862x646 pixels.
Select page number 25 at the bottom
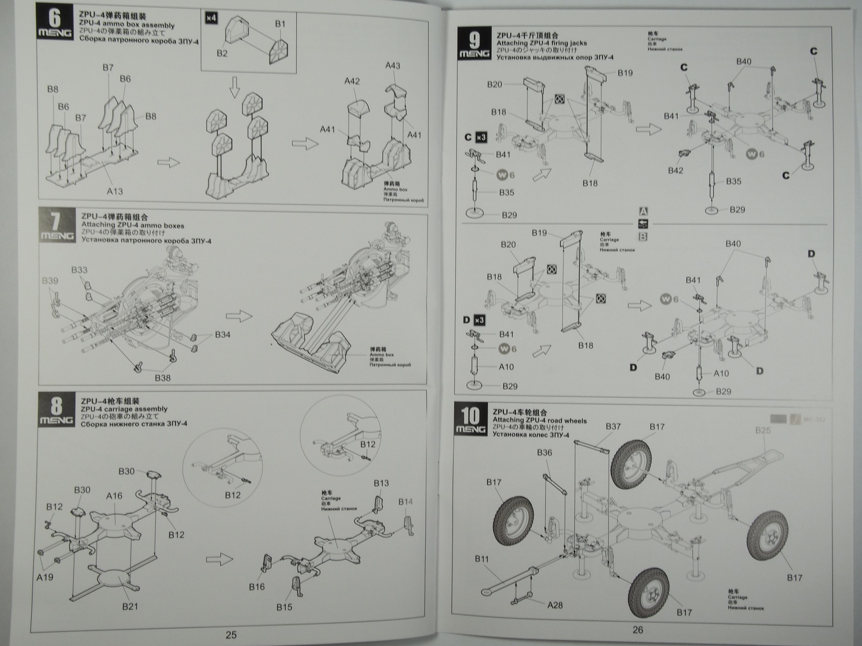(231, 635)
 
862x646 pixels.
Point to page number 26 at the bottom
(638, 630)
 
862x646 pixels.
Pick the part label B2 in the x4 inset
(222, 53)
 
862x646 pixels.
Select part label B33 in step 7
(79, 270)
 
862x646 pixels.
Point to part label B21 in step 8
(130, 607)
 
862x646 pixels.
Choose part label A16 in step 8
(114, 496)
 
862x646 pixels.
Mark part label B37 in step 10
(613, 427)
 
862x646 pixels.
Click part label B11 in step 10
(482, 559)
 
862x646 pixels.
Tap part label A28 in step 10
(554, 605)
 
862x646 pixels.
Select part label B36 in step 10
(544, 453)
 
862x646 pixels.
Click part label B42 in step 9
(675, 170)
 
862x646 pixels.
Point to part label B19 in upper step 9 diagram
(625, 73)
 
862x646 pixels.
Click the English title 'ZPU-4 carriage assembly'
(123, 409)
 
